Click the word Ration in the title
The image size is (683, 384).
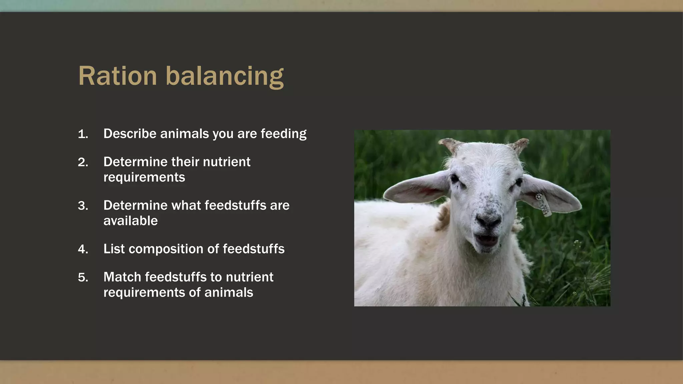(117, 76)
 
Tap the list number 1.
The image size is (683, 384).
(83, 134)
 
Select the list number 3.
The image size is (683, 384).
(83, 206)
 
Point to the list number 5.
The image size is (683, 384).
(83, 277)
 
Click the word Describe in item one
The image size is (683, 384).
(130, 134)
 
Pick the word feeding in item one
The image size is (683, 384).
(283, 134)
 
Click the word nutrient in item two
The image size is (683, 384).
(226, 162)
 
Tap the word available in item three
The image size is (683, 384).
(130, 221)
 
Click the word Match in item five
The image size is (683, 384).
(122, 277)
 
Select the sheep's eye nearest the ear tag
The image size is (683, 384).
(519, 182)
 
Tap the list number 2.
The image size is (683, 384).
(83, 162)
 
